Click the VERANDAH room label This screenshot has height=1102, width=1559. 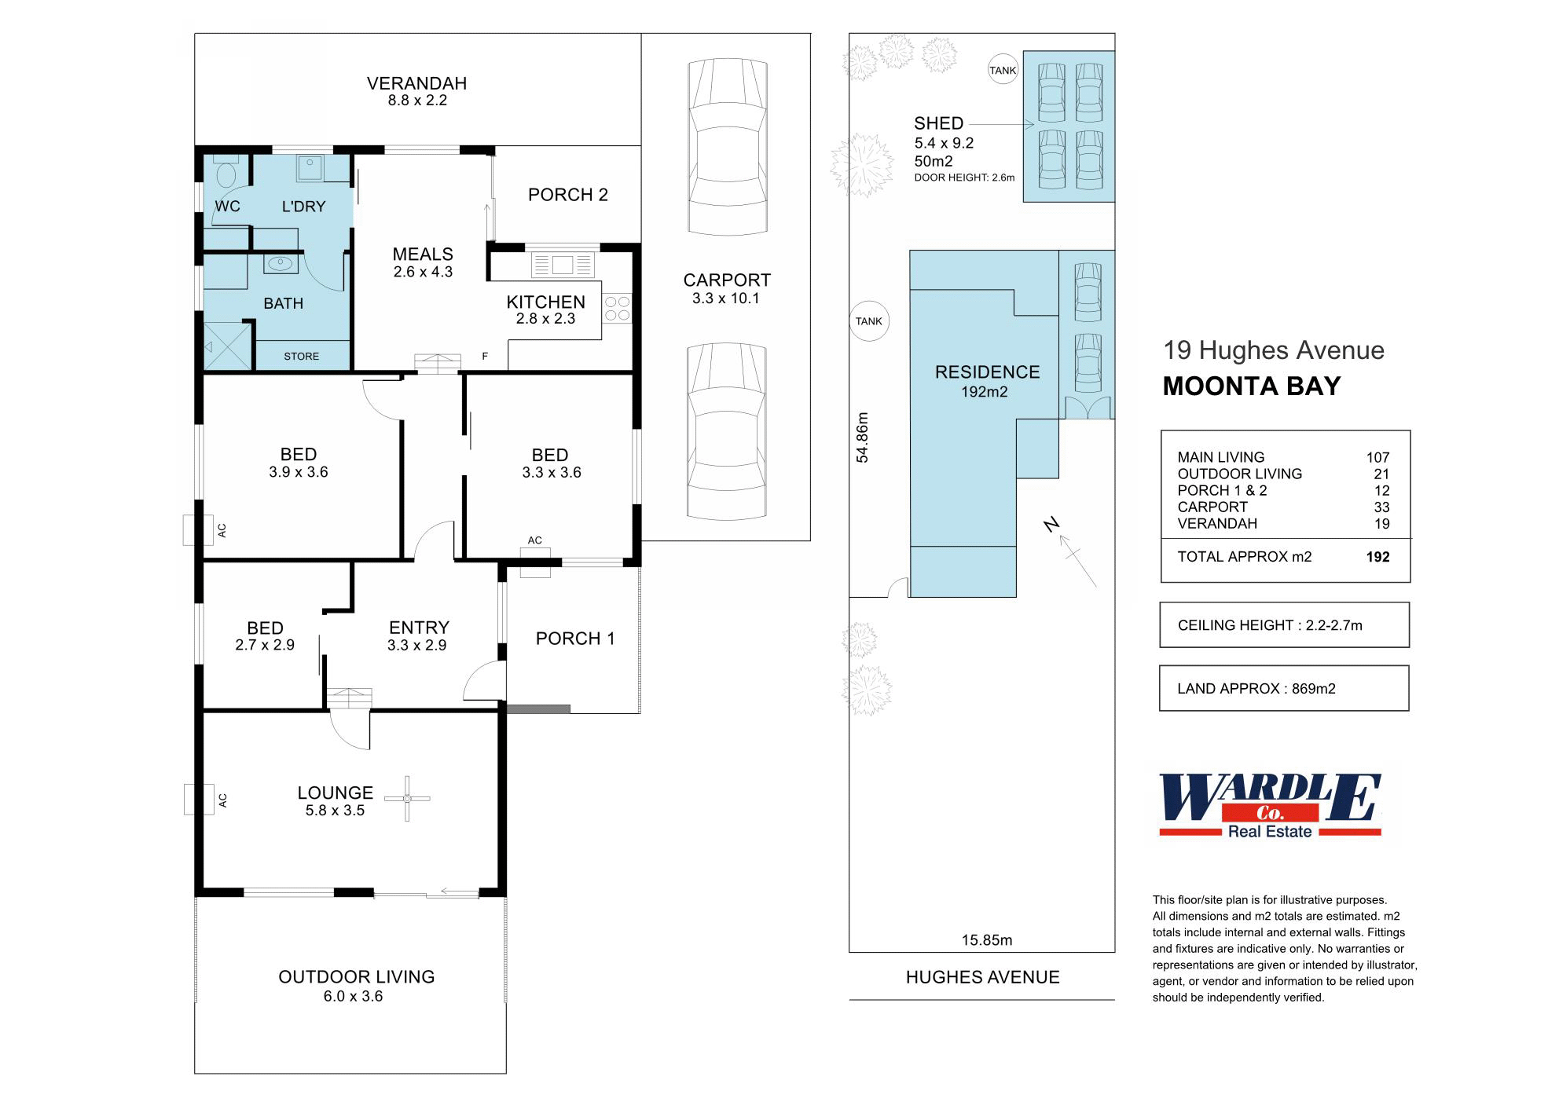(416, 83)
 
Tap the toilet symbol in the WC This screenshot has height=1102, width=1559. (226, 170)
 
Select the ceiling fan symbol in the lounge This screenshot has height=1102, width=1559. (407, 799)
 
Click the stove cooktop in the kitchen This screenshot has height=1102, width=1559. (618, 308)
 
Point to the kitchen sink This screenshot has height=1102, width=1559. (563, 264)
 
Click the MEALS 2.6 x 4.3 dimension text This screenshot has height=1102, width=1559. (423, 272)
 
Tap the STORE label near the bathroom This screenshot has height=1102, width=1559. (302, 356)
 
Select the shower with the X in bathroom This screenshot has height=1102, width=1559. (227, 346)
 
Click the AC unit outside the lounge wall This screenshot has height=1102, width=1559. (199, 800)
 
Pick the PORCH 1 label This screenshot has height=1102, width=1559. (575, 639)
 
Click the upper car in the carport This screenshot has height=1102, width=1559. (727, 147)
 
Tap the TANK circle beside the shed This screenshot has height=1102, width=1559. (1003, 70)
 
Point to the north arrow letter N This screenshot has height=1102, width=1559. (1052, 525)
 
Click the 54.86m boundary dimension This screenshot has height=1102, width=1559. (862, 438)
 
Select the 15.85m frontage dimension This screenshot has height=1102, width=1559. (987, 940)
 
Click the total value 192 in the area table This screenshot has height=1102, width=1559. (1377, 557)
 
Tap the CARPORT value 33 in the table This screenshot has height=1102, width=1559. (1381, 507)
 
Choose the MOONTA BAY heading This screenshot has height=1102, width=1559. (1252, 386)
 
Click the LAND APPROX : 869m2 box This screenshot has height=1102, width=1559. (1284, 688)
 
